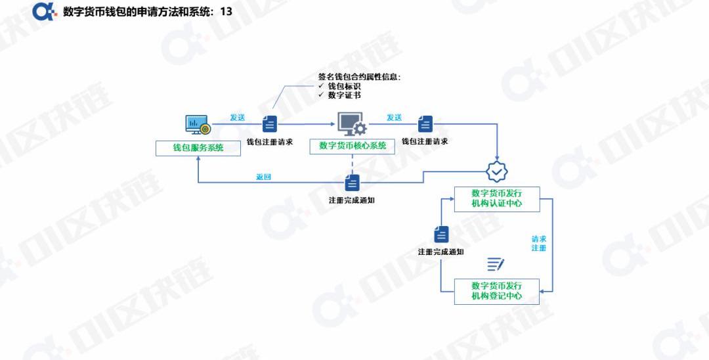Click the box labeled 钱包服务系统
click(x=198, y=148)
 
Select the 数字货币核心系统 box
click(x=352, y=146)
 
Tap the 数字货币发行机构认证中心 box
click(x=496, y=199)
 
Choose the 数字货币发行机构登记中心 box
click(x=496, y=291)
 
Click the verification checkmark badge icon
click(x=496, y=171)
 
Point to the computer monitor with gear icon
click(x=351, y=124)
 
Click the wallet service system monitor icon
click(x=197, y=124)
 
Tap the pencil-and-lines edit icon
click(x=496, y=265)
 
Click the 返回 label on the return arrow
click(x=264, y=177)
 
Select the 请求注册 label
click(x=539, y=244)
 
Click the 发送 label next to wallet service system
click(x=238, y=118)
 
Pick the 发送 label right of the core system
click(x=394, y=118)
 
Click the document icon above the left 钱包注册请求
click(x=270, y=124)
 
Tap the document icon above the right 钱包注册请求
click(x=425, y=124)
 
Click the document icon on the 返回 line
click(x=353, y=183)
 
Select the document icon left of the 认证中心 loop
click(x=441, y=235)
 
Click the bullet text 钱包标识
click(x=344, y=86)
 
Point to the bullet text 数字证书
click(x=344, y=95)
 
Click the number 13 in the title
click(x=226, y=12)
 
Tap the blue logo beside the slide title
click(x=45, y=11)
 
